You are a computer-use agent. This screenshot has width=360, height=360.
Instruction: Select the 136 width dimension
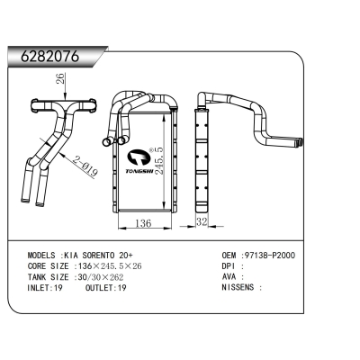point(141,223)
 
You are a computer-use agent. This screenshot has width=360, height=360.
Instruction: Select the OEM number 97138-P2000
point(274,255)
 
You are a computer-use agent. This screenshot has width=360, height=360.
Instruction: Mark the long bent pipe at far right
point(261,121)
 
